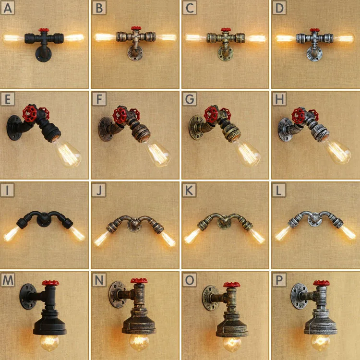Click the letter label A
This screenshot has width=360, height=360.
[7, 7]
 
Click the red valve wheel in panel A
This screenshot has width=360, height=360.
[45, 31]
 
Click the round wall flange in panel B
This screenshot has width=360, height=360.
[133, 54]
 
